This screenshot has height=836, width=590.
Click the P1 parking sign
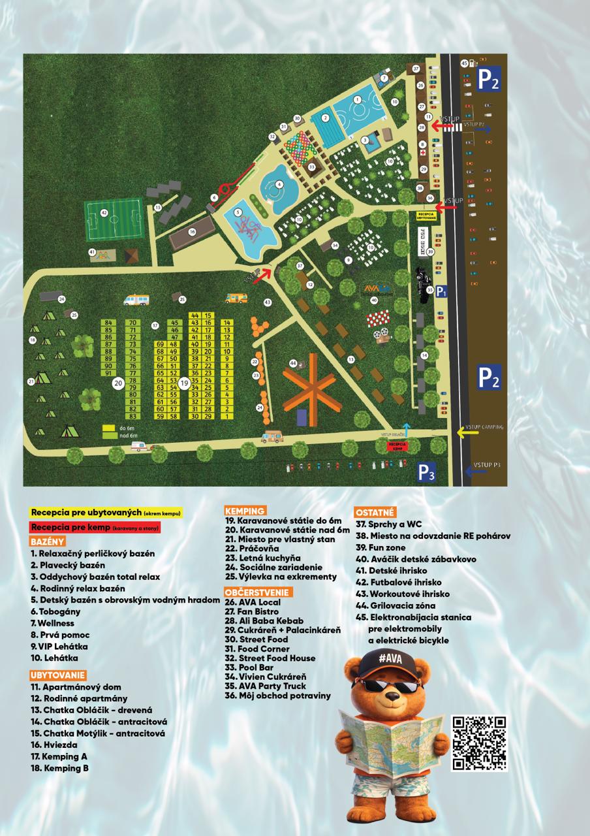[x=442, y=292]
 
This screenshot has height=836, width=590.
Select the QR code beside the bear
[x=479, y=743]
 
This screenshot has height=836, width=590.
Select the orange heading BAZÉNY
[x=47, y=541]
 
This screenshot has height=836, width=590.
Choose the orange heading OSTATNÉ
[x=375, y=512]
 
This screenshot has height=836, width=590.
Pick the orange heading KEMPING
[x=244, y=510]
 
